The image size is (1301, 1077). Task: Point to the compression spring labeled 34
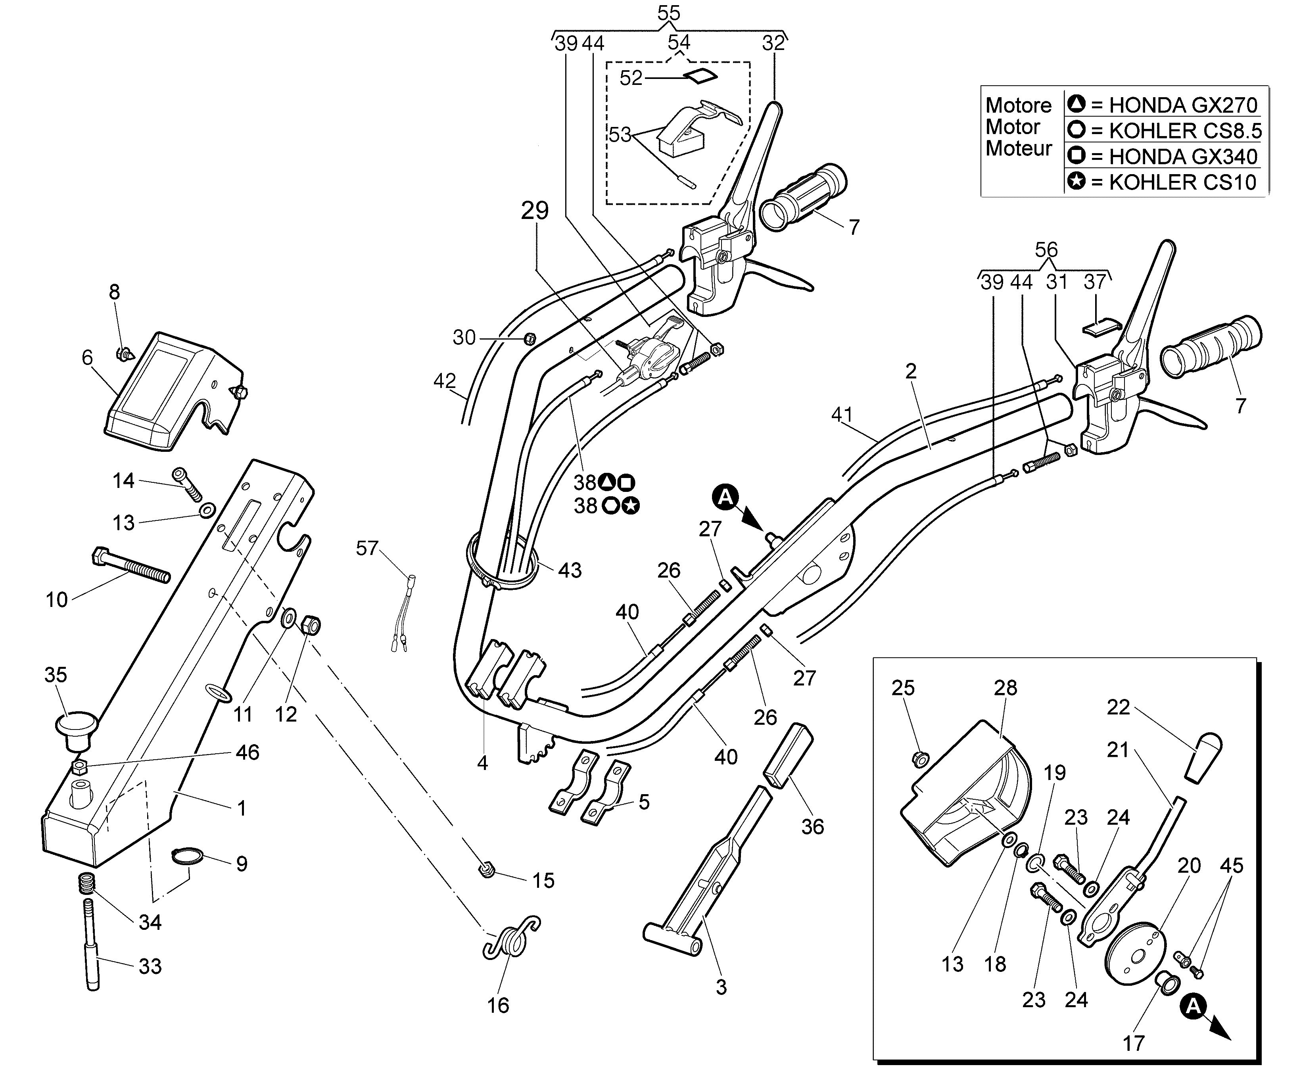pyautogui.click(x=88, y=884)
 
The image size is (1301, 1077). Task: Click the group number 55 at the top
pyautogui.click(x=668, y=13)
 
